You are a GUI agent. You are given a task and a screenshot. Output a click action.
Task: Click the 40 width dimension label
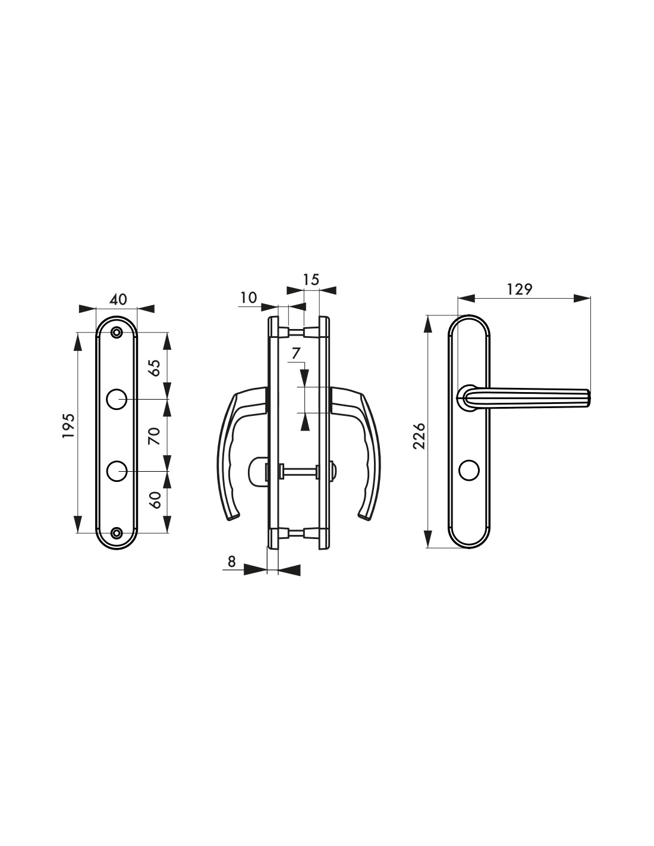coord(118,299)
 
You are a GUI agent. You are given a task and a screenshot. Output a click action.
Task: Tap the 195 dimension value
coord(68,425)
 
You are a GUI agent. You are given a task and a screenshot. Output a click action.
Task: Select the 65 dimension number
coord(155,368)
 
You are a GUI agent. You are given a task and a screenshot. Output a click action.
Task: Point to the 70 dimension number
coord(155,435)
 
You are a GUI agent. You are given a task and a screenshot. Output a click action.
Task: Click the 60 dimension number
coord(155,500)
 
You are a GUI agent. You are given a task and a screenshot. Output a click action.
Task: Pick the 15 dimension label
coord(310,280)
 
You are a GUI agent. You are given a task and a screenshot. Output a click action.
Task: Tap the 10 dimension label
coord(249,297)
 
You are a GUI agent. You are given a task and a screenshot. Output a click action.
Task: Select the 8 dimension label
coord(231,561)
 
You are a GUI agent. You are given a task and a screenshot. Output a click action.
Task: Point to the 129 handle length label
coord(520,289)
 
